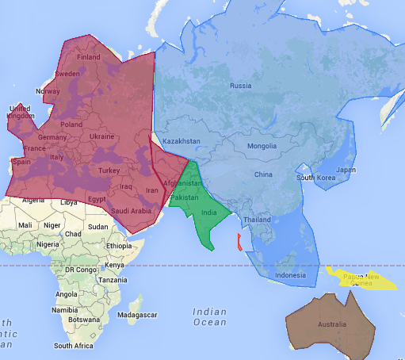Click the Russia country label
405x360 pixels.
click(x=240, y=86)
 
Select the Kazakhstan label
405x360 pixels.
click(x=181, y=141)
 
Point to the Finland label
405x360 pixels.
click(x=88, y=57)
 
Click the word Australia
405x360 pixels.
click(x=331, y=325)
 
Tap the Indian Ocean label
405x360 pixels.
click(x=209, y=317)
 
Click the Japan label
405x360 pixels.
click(x=346, y=170)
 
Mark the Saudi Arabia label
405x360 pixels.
click(x=132, y=211)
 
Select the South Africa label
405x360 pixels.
click(x=74, y=346)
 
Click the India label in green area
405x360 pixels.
click(x=209, y=213)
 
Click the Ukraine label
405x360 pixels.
click(x=101, y=136)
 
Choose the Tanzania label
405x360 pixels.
click(x=113, y=280)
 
